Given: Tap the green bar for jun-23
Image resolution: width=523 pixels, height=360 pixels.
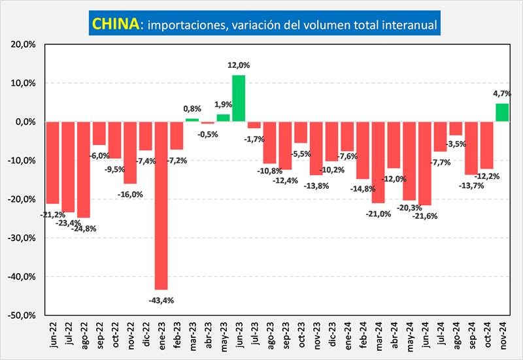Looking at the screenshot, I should click(x=239, y=98).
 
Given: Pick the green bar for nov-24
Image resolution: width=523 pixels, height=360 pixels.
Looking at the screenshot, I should click(x=501, y=112).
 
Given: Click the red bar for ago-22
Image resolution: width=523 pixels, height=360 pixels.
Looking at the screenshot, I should click(x=83, y=169).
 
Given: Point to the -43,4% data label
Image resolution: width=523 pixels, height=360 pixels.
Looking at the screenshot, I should click(x=161, y=300).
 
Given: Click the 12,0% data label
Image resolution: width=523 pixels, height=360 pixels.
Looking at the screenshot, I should click(x=239, y=65).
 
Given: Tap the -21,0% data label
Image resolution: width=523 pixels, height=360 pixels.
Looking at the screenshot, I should click(x=379, y=213).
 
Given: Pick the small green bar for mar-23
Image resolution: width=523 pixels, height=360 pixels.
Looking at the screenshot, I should click(x=192, y=120).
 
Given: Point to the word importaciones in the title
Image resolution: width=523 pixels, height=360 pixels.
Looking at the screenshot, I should click(x=184, y=25).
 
